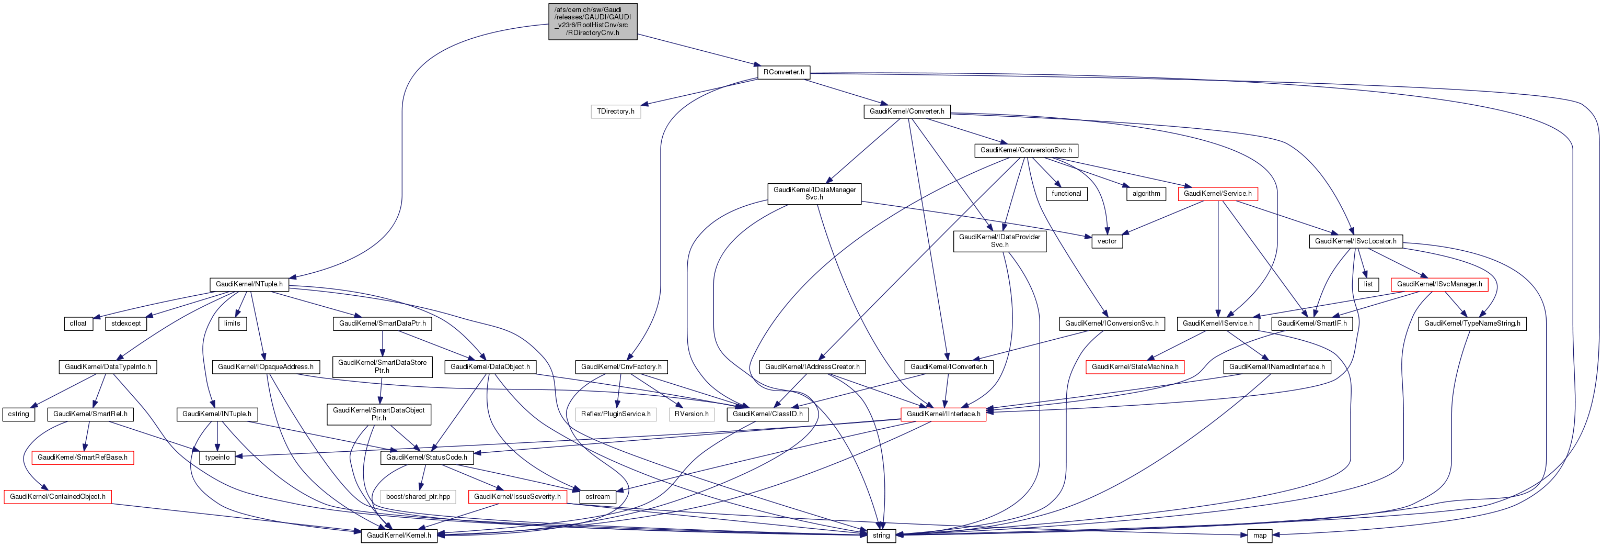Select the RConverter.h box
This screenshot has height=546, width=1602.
(x=783, y=72)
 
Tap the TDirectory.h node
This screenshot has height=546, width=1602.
(x=615, y=112)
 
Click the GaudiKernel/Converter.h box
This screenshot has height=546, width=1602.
(x=906, y=112)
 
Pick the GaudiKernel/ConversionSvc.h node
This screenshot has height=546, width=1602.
(x=1025, y=150)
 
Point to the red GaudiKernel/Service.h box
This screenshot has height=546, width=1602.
(x=1217, y=194)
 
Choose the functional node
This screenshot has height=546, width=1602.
(x=1066, y=194)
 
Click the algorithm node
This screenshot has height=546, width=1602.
(x=1146, y=194)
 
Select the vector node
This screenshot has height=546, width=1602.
(x=1107, y=241)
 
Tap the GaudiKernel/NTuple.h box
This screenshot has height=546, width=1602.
(x=249, y=284)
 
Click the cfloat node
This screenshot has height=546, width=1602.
(x=78, y=323)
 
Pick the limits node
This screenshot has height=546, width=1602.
(x=232, y=323)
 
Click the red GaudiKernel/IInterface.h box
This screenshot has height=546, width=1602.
(x=943, y=414)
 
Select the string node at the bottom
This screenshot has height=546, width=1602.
(x=881, y=536)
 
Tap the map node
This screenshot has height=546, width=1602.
(x=1259, y=536)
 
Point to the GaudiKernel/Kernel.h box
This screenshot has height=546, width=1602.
(x=399, y=536)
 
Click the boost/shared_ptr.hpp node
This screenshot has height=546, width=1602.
(x=418, y=497)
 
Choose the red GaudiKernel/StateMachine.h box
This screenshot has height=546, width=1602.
(x=1134, y=366)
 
